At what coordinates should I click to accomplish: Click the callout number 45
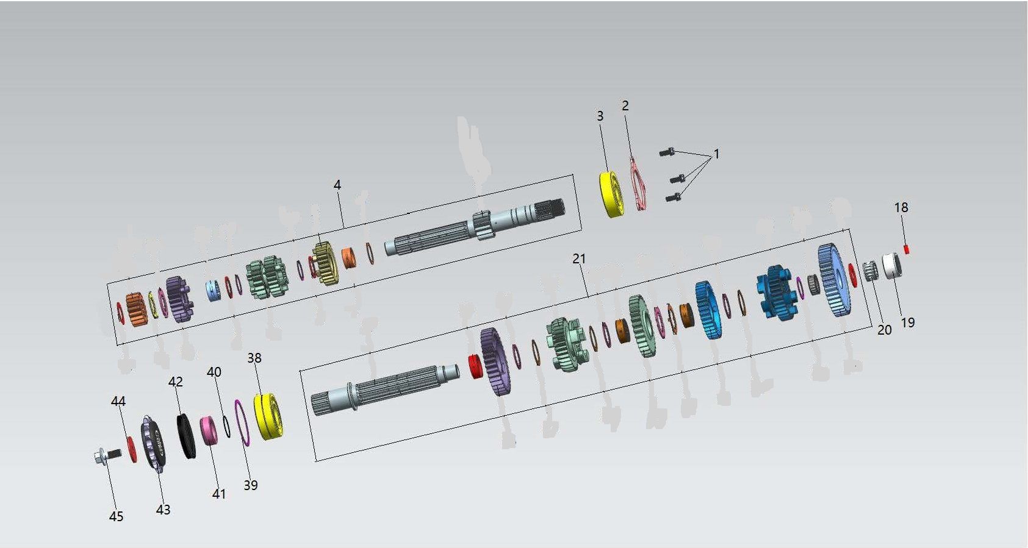click(x=116, y=516)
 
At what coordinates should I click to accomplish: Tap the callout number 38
click(x=254, y=358)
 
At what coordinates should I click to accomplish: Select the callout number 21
click(x=579, y=258)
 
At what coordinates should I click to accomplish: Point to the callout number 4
click(x=337, y=185)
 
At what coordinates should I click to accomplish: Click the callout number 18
click(x=901, y=207)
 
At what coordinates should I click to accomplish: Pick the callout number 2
click(x=625, y=105)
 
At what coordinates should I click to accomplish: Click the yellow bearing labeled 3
click(x=611, y=194)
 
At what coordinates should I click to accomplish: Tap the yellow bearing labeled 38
click(x=268, y=416)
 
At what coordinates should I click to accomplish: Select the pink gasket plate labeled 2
click(x=638, y=184)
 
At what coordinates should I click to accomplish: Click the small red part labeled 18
click(x=907, y=249)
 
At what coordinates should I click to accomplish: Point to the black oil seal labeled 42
click(x=187, y=436)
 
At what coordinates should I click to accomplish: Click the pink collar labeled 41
click(x=209, y=431)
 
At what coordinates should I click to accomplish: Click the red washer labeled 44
click(x=132, y=449)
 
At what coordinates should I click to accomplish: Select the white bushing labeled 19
click(x=892, y=266)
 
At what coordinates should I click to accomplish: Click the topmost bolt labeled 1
click(x=667, y=152)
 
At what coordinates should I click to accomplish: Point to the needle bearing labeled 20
click(x=870, y=271)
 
